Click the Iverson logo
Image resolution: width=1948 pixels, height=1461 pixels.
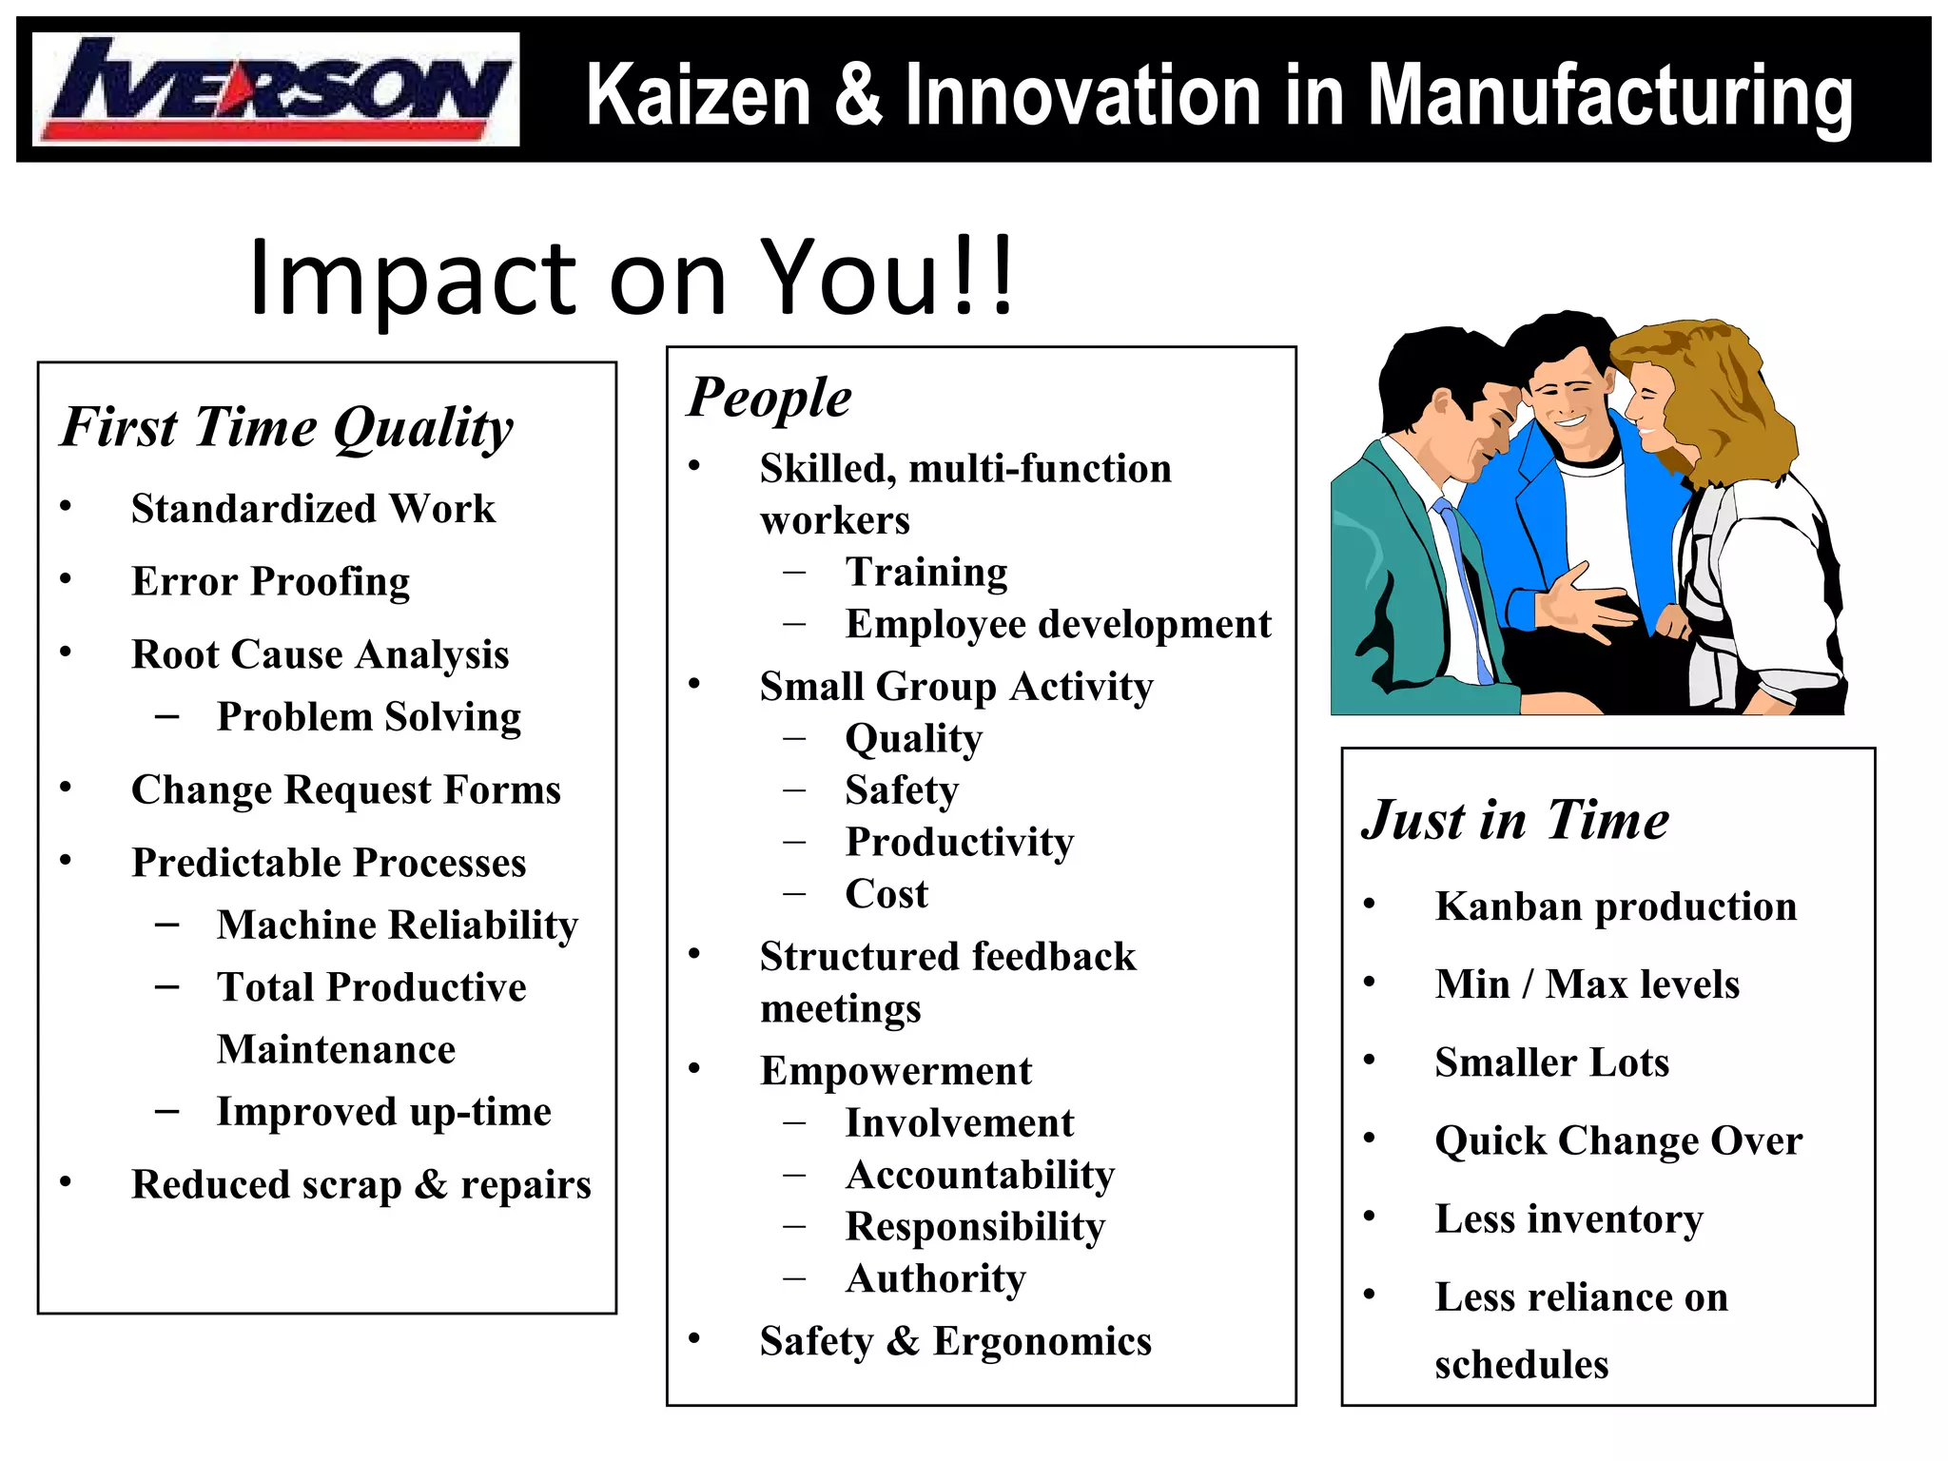click(276, 89)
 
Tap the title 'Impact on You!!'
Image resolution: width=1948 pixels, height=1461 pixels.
click(632, 277)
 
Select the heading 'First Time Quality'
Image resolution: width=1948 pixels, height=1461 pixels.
click(286, 427)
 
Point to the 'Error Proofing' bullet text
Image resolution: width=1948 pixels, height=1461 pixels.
click(271, 581)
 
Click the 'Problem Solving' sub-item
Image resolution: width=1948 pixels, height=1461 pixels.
click(369, 717)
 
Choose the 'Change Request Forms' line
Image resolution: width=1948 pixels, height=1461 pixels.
click(346, 790)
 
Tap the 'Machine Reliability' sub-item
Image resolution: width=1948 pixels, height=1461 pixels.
click(398, 925)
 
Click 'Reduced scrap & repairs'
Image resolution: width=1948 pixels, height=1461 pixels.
click(361, 1185)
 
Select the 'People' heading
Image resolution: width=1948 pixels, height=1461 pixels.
click(769, 398)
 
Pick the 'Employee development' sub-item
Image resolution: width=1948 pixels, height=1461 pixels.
click(1059, 625)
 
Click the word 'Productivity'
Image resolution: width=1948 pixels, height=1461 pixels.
click(960, 843)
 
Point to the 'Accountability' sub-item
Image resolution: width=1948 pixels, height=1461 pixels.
click(981, 1176)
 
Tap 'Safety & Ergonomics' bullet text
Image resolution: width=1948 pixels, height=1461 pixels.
click(956, 1342)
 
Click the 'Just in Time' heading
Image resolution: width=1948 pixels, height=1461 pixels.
click(1515, 820)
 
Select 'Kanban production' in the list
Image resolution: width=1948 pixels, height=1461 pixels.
click(1616, 907)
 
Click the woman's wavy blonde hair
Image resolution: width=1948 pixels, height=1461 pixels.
click(1722, 399)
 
